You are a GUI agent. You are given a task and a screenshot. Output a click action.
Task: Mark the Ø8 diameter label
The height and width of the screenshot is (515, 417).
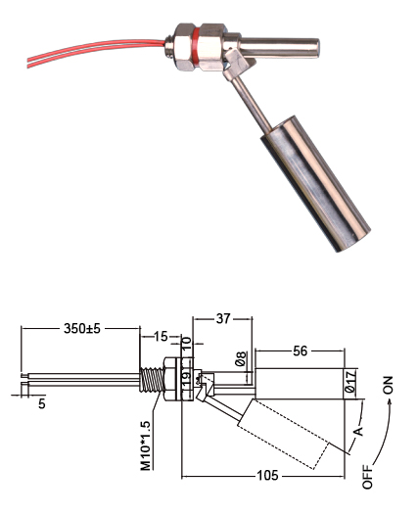pos(242,359)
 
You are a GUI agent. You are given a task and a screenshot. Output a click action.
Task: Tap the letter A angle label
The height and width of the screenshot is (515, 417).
pos(359,429)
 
